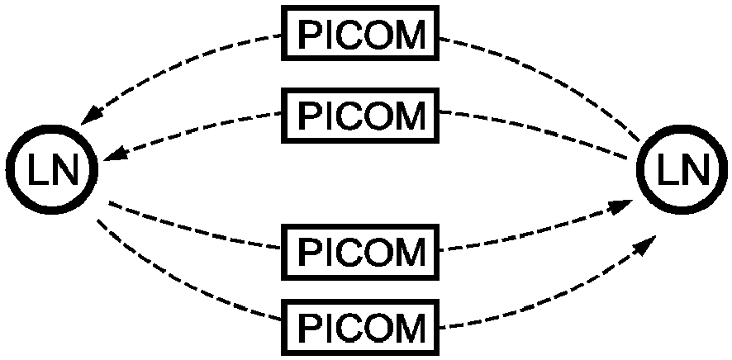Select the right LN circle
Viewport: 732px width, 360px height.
point(681,171)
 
